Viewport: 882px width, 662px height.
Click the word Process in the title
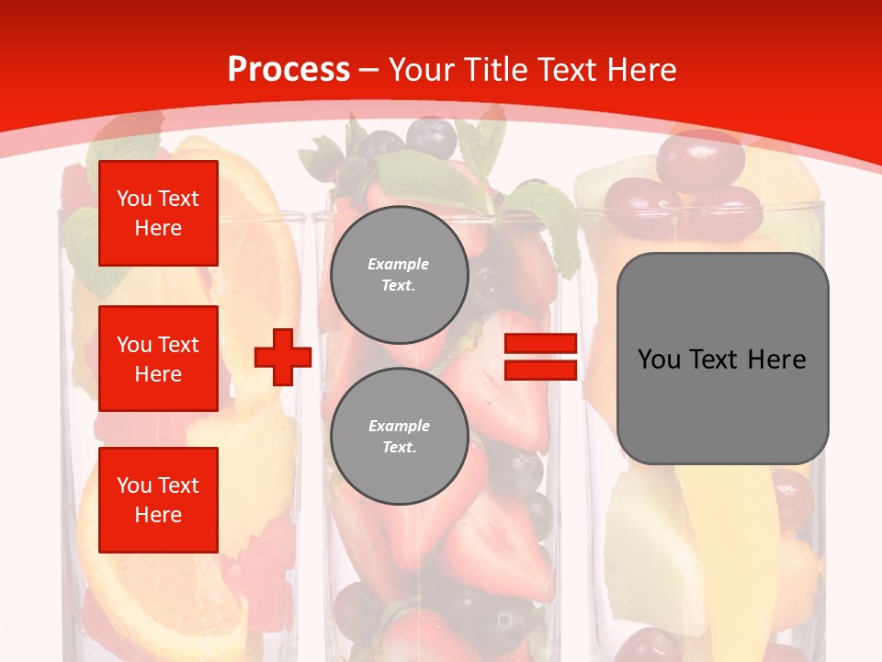[x=288, y=70]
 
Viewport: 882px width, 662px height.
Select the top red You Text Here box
[x=158, y=213]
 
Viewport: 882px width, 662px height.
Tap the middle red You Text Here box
[x=158, y=359]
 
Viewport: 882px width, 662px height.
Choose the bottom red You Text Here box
[x=158, y=499]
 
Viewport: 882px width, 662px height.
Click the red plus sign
[x=283, y=357]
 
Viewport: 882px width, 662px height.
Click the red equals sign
[x=540, y=357]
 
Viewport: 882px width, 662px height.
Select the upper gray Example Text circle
[x=399, y=275]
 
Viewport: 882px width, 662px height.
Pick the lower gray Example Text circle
[x=399, y=436]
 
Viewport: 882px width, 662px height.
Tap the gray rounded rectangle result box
[x=722, y=359]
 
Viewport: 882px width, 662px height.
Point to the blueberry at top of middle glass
[x=431, y=136]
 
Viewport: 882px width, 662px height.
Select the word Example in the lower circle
[x=399, y=426]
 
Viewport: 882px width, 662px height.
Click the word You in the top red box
[x=133, y=199]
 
